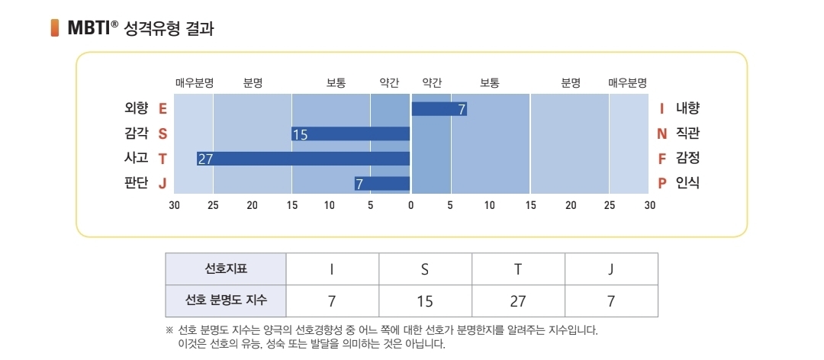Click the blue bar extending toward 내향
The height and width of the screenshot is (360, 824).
coord(439,108)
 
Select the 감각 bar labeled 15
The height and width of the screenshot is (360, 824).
coord(351,134)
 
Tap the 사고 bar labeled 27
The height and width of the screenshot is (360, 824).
coord(304,159)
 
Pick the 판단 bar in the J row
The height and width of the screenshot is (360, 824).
coord(382,183)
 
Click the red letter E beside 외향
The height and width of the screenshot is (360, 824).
coord(162,108)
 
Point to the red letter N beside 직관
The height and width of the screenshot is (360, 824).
coord(661,134)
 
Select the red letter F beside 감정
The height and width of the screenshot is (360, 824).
coord(661,159)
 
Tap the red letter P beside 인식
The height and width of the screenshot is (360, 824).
coord(661,183)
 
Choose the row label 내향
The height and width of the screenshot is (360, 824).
coord(687,108)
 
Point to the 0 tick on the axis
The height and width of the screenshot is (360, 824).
coord(410,204)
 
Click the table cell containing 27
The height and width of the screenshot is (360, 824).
coord(518,301)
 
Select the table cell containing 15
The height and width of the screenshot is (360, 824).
coord(425,301)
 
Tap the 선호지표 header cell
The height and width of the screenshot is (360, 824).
coord(226,268)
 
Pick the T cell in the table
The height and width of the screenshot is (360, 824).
coord(518,268)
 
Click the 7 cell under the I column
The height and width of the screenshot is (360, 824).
coord(332,301)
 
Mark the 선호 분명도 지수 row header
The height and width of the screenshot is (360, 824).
coord(226,301)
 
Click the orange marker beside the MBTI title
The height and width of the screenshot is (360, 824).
coord(54,28)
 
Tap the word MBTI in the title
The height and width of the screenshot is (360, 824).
coord(88,29)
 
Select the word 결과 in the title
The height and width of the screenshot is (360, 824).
coord(200,29)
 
